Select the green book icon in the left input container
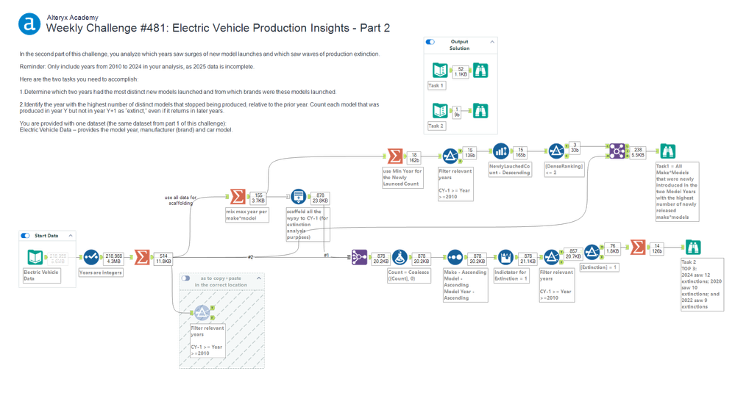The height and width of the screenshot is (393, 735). coord(35,258)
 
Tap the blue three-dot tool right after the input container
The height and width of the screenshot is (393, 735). coord(91,258)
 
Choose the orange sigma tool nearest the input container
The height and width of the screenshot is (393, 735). coord(140,258)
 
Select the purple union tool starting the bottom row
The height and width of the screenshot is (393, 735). coord(358,258)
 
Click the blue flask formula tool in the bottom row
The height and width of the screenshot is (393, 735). coord(400,258)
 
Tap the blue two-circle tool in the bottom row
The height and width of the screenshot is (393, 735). coord(455,258)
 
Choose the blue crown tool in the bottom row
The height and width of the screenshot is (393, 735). coord(505,258)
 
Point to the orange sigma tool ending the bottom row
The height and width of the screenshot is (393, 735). coord(637,248)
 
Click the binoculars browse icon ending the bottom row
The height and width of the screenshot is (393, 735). coord(693,248)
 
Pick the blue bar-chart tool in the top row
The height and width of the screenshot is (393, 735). coord(501,151)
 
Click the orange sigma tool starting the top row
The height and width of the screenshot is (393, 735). coord(394,156)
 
